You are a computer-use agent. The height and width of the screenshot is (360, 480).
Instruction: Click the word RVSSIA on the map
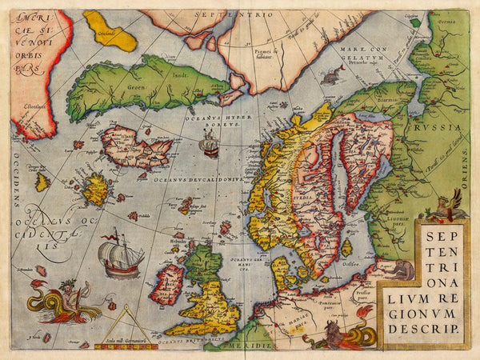click(x=441, y=126)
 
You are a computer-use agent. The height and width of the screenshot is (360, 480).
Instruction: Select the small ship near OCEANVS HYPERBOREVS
click(x=210, y=145)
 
